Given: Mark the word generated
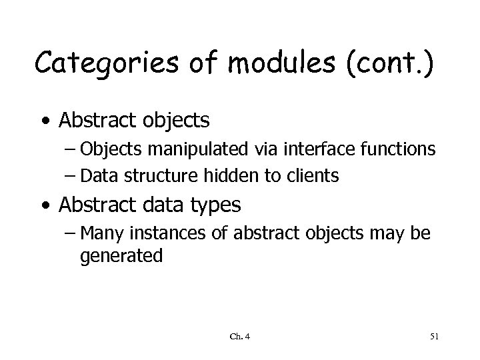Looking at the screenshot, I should tap(121, 256).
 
